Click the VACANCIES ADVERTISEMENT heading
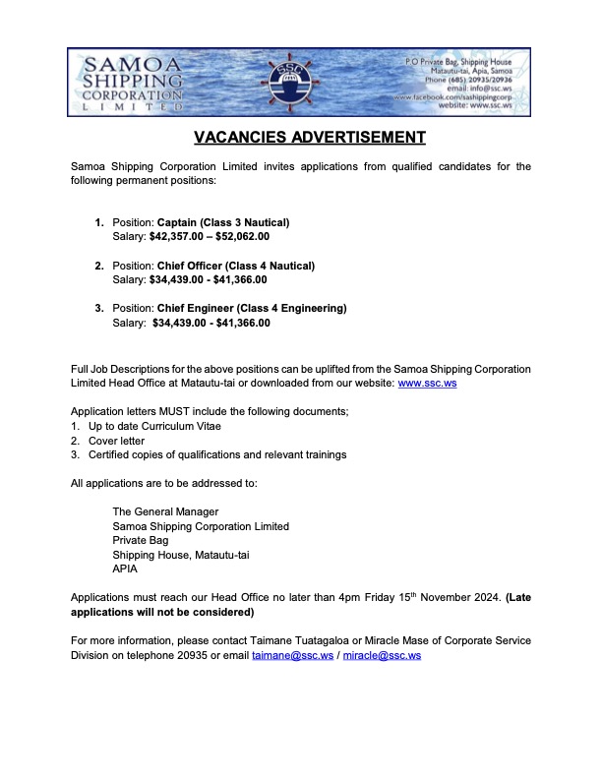(x=301, y=137)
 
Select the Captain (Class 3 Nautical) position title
(x=223, y=221)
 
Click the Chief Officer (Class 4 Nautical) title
(x=236, y=266)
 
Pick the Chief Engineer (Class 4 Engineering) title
(x=252, y=308)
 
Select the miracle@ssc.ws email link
(x=382, y=654)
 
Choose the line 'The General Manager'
(x=165, y=511)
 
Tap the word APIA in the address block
(x=126, y=569)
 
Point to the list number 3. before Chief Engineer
(x=99, y=308)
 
